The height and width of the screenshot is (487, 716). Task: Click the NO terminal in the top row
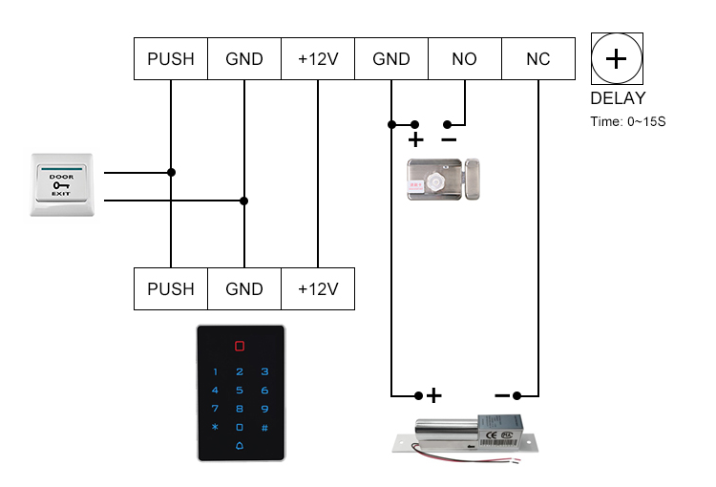tap(464, 59)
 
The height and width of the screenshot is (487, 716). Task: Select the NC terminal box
tap(537, 59)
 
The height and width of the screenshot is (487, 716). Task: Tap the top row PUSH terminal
tap(171, 59)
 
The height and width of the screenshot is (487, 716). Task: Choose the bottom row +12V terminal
tap(317, 288)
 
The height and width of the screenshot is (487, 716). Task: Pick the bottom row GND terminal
tap(244, 288)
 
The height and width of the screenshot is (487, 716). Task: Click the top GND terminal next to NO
tap(390, 59)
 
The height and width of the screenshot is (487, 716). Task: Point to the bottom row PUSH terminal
tap(171, 288)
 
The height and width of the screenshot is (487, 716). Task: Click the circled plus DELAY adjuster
tap(617, 59)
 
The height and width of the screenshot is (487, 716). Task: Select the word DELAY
tap(618, 98)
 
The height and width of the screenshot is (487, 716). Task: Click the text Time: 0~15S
tap(628, 121)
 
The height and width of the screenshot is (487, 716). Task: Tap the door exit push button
tap(62, 183)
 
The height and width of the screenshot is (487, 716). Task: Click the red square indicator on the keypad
tap(240, 348)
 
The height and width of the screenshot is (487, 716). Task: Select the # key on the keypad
tap(264, 427)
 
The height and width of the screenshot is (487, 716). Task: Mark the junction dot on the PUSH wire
tap(171, 173)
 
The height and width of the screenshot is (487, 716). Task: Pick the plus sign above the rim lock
tap(415, 140)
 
